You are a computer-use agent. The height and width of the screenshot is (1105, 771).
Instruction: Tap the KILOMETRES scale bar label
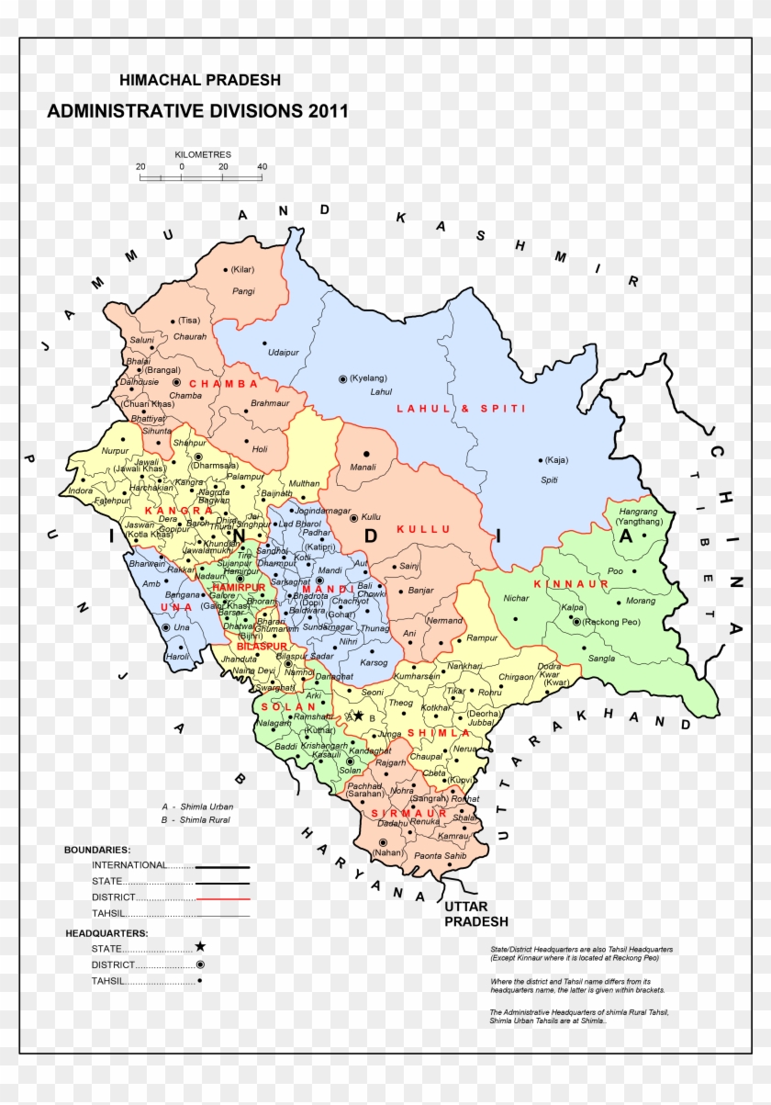[x=202, y=155]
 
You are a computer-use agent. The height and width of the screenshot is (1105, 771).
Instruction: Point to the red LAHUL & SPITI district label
[x=461, y=408]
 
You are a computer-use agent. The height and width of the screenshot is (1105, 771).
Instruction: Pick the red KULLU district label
[x=424, y=529]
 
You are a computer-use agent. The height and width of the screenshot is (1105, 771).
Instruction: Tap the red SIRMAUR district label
[x=409, y=814]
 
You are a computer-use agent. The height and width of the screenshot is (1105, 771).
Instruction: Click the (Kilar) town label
[x=243, y=269]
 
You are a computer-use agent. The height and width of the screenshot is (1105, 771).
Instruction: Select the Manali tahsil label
[x=363, y=468]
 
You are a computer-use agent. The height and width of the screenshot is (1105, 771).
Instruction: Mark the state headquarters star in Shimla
[x=359, y=716]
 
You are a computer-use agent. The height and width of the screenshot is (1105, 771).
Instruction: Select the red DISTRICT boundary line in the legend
[x=223, y=897]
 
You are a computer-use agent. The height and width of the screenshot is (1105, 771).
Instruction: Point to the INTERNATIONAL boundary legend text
[x=129, y=865]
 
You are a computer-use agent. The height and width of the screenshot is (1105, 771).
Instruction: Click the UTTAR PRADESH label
[x=475, y=914]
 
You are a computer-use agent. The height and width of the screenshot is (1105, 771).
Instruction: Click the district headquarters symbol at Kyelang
[x=342, y=378]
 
